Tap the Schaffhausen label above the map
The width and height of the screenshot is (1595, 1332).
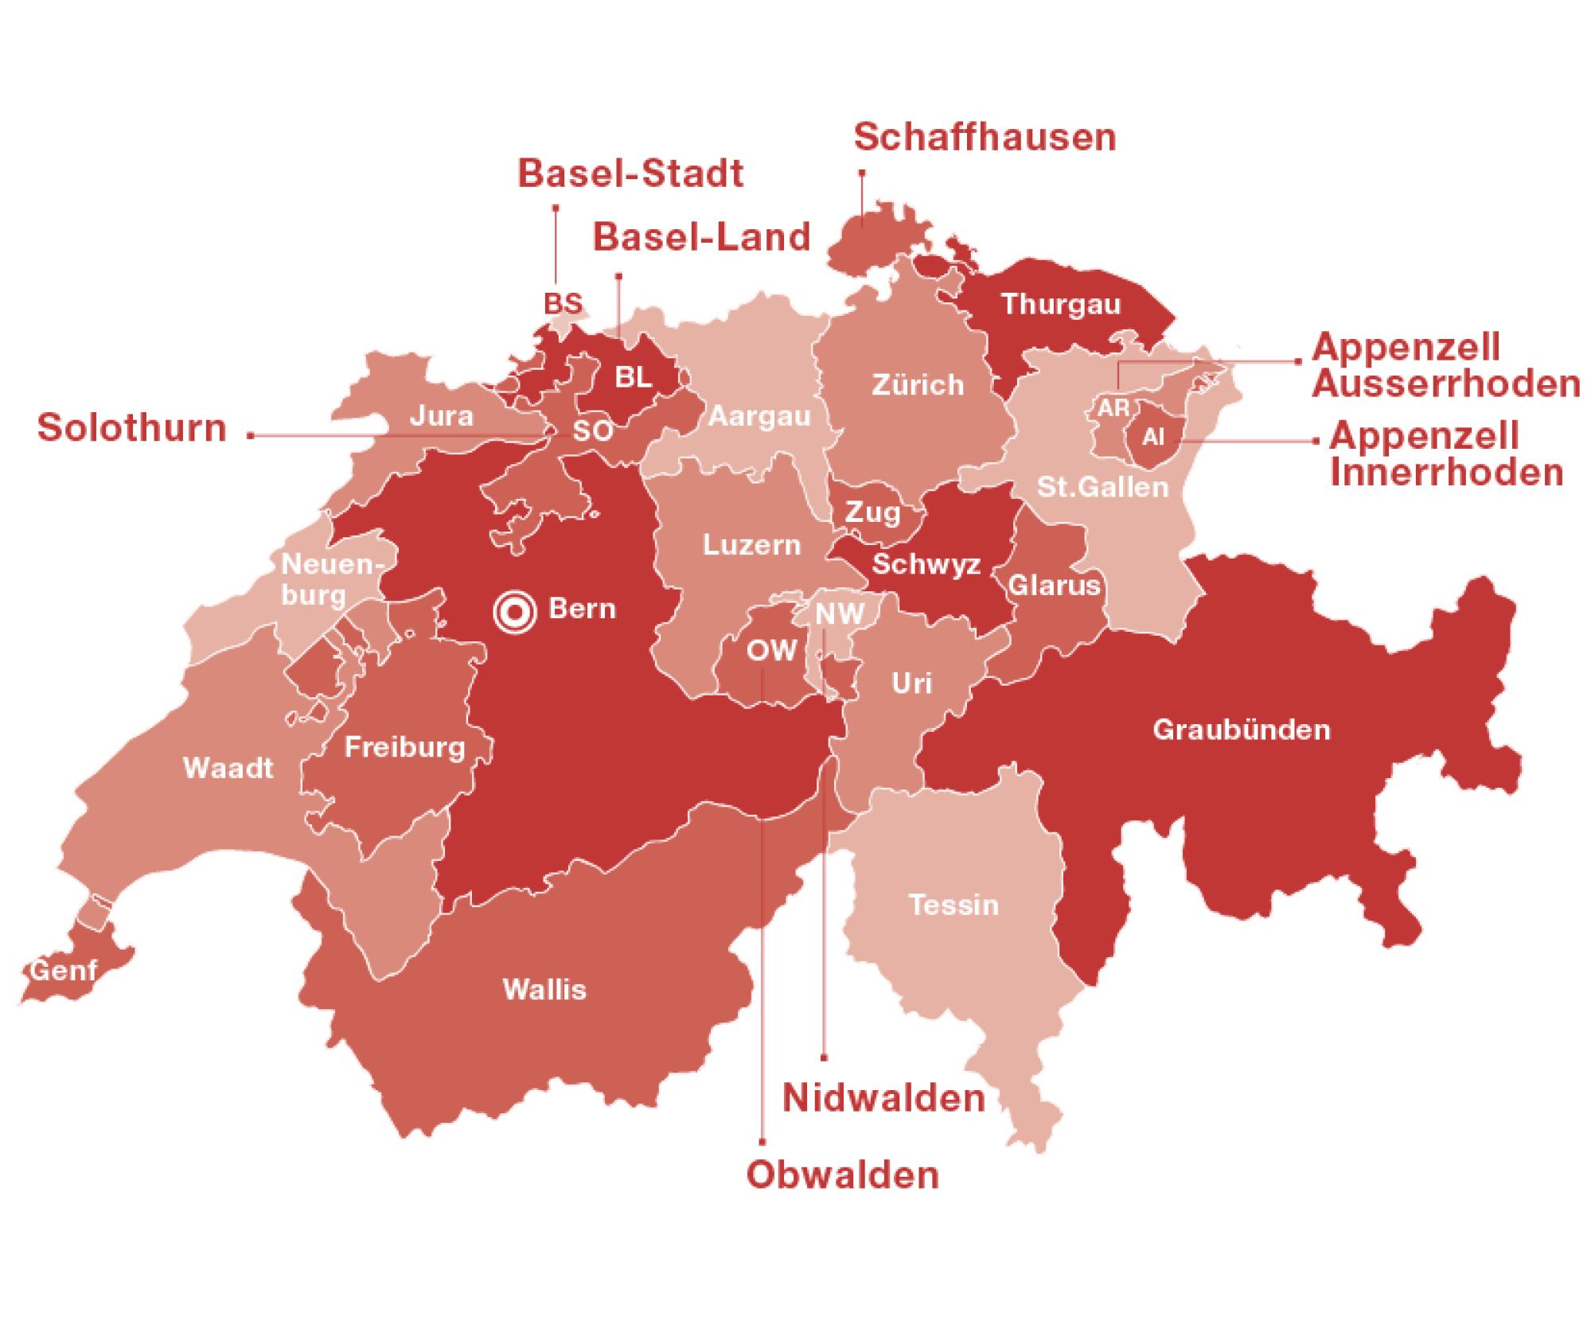coord(985,138)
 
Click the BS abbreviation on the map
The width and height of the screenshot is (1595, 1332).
coord(563,304)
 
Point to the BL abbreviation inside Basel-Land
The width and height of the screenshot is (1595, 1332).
coord(634,377)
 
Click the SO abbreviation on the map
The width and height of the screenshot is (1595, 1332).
coord(593,430)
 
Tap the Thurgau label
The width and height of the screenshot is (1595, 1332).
coord(1061,304)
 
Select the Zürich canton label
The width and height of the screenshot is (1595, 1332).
coord(918,385)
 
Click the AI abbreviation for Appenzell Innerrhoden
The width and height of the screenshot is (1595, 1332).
coord(1152,436)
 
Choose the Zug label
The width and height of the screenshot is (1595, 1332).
coord(872,512)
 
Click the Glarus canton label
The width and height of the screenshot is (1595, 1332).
coord(1055,586)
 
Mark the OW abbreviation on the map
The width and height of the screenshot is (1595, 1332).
coord(770,651)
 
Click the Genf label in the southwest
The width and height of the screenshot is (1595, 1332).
coord(64,970)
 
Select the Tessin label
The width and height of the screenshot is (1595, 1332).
coord(953,906)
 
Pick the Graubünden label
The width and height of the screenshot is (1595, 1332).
coord(1242,730)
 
